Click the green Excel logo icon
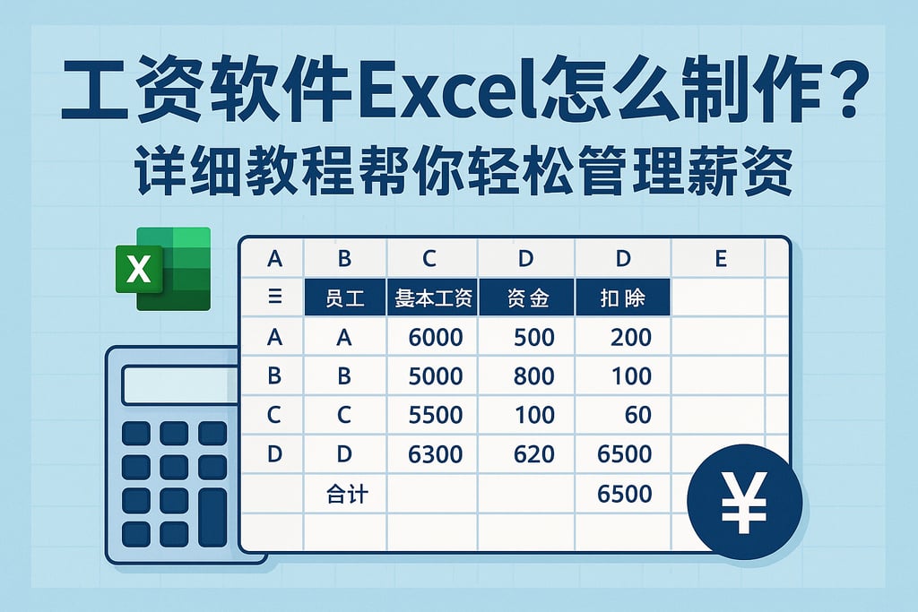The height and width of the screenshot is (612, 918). [x=162, y=269]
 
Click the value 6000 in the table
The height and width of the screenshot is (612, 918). [x=435, y=338]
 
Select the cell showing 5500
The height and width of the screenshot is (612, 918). [x=435, y=415]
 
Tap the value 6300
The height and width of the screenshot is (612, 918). [x=435, y=454]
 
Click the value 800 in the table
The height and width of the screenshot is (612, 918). [x=534, y=376]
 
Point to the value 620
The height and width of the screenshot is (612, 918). [x=534, y=454]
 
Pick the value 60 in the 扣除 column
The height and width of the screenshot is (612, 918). [x=638, y=415]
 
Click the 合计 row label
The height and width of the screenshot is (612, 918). [x=347, y=493]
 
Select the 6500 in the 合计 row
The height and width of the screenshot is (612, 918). [x=625, y=493]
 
